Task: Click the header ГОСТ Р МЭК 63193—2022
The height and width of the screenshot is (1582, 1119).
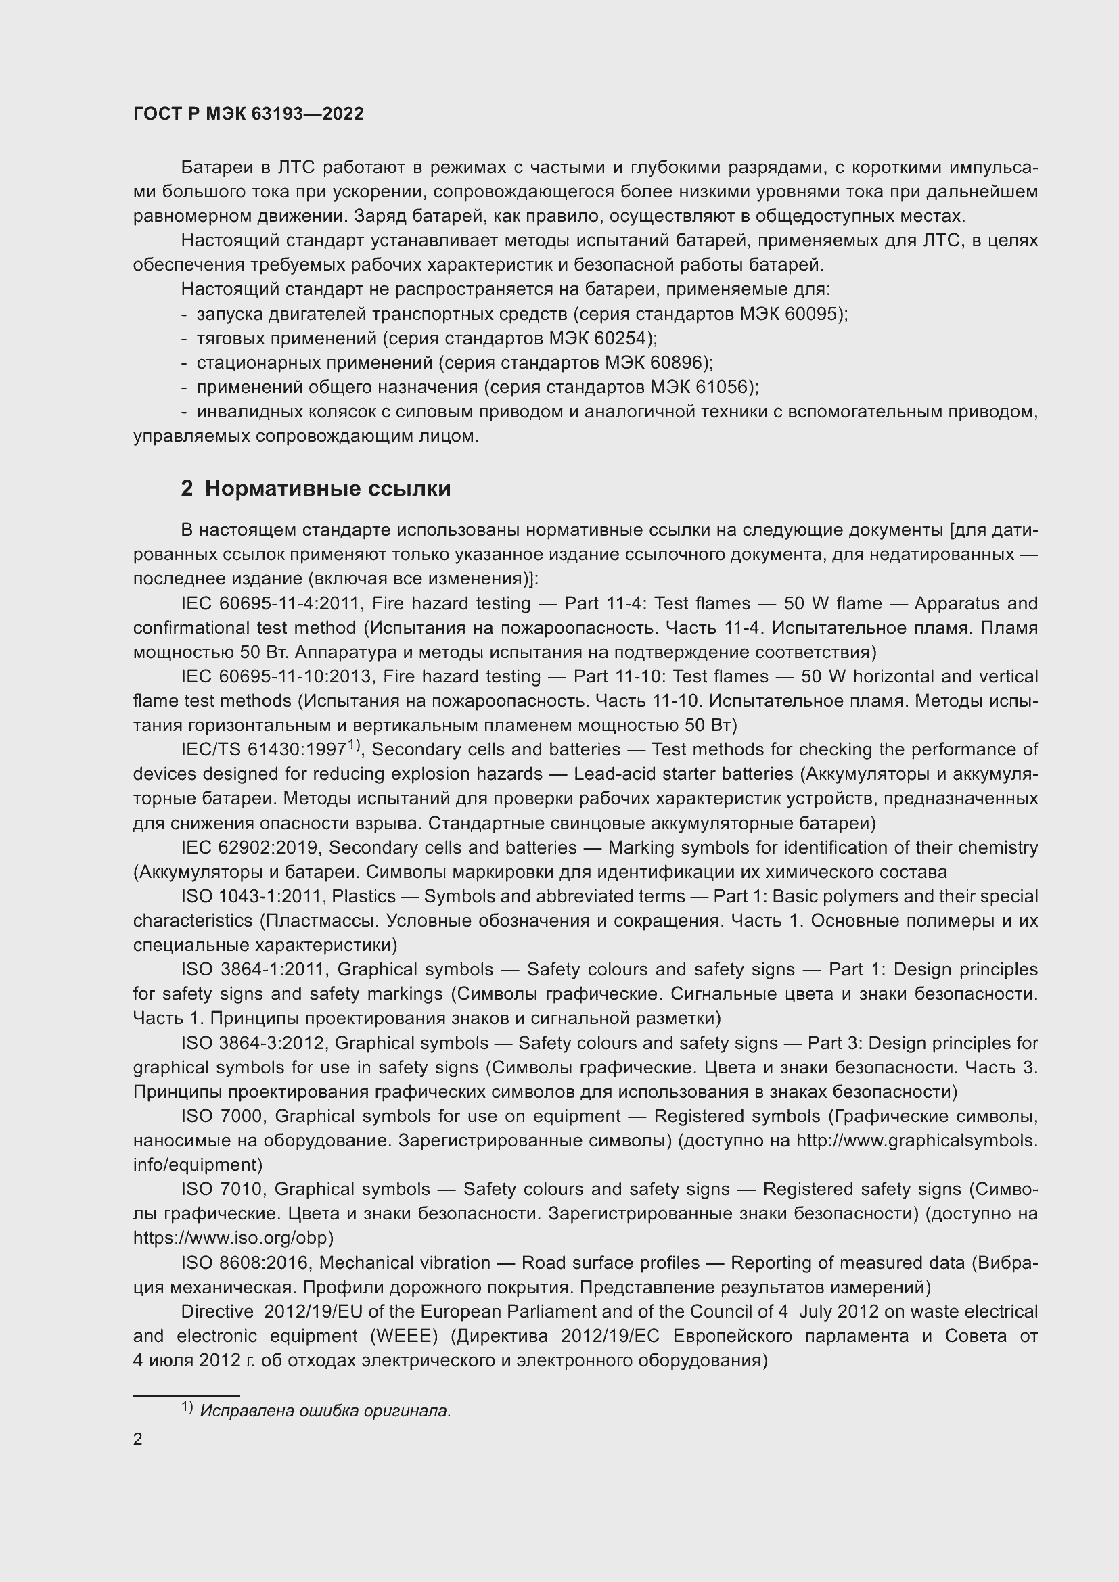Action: (x=248, y=114)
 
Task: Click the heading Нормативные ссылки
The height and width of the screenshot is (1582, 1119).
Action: (x=327, y=488)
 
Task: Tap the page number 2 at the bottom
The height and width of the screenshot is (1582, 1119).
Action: (x=138, y=1439)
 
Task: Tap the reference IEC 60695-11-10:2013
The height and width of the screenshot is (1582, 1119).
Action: (x=275, y=676)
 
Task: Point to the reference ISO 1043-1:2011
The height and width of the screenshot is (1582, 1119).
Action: (x=252, y=896)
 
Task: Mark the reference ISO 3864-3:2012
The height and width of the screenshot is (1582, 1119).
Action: (x=252, y=1043)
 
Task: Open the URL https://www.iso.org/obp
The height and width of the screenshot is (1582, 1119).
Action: (x=233, y=1238)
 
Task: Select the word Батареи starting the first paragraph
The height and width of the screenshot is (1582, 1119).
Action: (x=215, y=168)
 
